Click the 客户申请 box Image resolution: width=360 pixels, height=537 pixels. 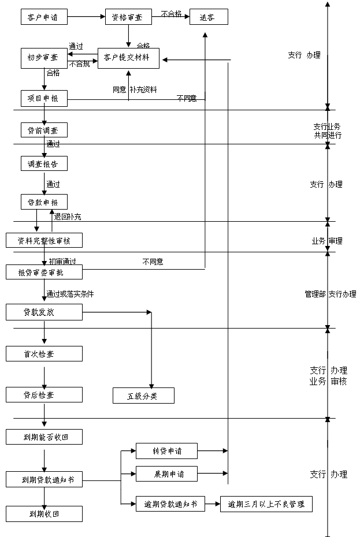point(43,17)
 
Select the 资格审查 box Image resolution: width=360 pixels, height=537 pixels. point(128,17)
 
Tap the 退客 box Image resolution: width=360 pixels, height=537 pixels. point(209,17)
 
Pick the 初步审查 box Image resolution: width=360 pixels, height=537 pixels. point(43,57)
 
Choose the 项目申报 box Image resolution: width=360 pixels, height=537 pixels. point(43,98)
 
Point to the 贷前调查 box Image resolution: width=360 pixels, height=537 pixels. point(43,130)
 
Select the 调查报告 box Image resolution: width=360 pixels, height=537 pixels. point(43,164)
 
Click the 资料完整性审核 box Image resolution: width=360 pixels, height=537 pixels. point(44,240)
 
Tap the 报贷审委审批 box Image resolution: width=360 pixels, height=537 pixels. point(44,273)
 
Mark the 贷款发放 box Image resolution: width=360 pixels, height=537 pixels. point(44,312)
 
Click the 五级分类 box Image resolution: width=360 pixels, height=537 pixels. point(143,396)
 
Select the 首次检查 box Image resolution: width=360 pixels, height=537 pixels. point(44,353)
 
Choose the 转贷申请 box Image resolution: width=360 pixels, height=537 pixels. point(166,450)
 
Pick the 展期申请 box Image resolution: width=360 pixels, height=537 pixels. point(166,474)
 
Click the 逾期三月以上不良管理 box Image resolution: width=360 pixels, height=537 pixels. point(266,504)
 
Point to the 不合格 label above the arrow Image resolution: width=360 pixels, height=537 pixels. point(171,13)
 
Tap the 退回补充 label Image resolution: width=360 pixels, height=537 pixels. point(68,217)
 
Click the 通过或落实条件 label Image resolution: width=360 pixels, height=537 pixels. point(70,294)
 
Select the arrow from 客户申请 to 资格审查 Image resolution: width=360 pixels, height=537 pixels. point(86,17)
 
